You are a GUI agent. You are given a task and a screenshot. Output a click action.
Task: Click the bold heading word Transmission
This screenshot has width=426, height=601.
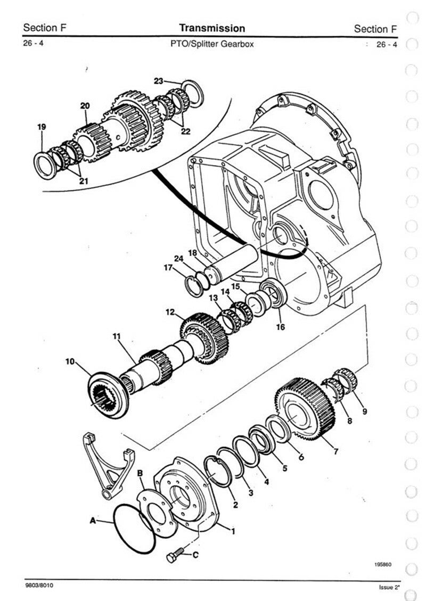212,28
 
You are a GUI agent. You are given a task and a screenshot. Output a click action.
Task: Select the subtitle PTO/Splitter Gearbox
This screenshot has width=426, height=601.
212,44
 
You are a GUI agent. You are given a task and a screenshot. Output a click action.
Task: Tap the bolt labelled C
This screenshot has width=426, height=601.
175,554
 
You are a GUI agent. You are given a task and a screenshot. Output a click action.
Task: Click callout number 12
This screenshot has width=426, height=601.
170,312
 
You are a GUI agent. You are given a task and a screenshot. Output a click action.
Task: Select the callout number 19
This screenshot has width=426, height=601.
42,127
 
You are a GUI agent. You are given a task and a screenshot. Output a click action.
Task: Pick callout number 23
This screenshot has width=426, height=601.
158,81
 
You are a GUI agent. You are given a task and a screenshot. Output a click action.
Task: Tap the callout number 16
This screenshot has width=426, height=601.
281,326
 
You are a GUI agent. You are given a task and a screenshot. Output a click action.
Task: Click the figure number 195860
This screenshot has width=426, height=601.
383,565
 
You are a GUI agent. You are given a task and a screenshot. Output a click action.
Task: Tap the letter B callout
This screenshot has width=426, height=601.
140,473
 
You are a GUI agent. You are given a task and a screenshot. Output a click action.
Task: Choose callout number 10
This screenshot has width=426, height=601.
70,361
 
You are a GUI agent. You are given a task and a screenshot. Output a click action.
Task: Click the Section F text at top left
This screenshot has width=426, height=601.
45,28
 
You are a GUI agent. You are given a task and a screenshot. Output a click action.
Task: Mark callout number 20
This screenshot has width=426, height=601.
85,106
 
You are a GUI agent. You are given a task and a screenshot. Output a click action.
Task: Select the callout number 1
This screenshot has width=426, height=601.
233,531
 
